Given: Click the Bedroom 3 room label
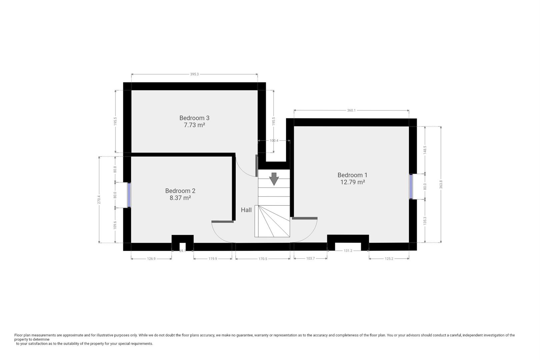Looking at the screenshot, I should coord(194,118).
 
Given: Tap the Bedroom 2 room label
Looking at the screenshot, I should coord(180,191).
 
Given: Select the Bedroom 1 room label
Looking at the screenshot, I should coord(352,175).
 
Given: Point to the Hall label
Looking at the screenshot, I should coord(246,210).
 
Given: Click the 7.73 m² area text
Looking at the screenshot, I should coord(194,125).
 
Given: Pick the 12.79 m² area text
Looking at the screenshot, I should coord(352,182).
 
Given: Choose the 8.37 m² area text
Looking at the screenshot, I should coord(180,198).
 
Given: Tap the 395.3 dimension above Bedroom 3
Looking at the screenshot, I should coord(194,74).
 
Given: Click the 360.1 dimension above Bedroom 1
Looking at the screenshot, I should coord(351,110).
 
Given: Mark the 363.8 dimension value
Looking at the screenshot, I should coord(441,184).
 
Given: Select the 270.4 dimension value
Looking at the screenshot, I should coord(99,200).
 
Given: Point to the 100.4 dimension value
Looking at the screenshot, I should coord(274,141).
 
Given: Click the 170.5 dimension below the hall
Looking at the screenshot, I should coord(263,259).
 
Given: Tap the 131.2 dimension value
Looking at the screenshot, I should coord(348,251).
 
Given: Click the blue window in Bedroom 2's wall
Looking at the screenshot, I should coord(129,195).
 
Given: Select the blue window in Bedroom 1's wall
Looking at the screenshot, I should coord(411,186).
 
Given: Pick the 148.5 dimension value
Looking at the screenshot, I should coord(425,150).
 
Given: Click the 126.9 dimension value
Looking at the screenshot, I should coord(151,259).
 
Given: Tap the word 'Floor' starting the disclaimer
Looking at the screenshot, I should coord(19,335).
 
